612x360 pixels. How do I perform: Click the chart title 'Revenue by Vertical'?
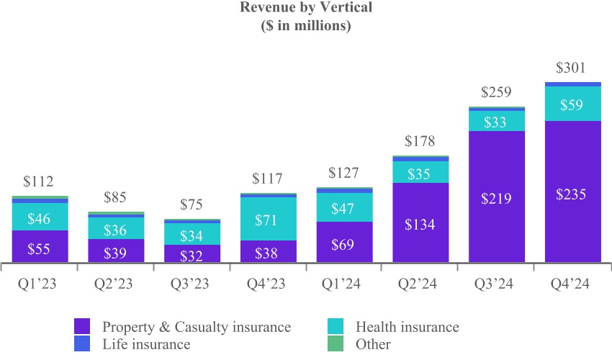pyautogui.click(x=305, y=9)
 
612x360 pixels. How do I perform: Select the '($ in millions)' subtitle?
pyautogui.click(x=305, y=26)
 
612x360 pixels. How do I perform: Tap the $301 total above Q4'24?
pyautogui.click(x=572, y=68)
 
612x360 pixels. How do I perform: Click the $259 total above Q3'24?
pyautogui.click(x=496, y=92)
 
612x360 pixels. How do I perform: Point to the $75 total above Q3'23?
pyautogui.click(x=192, y=204)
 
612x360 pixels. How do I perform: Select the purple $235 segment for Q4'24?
pyautogui.click(x=572, y=193)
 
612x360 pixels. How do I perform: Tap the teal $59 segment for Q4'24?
pyautogui.click(x=572, y=104)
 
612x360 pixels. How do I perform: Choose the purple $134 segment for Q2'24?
pyautogui.click(x=420, y=223)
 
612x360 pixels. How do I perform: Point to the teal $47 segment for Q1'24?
pyautogui.click(x=344, y=208)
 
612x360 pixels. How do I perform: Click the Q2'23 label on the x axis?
pyautogui.click(x=116, y=284)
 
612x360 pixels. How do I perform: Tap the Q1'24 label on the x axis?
pyautogui.click(x=344, y=284)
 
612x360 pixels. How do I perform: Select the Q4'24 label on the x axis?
pyautogui.click(x=572, y=284)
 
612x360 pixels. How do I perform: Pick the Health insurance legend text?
pyautogui.click(x=407, y=327)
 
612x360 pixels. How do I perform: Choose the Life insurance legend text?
pyautogui.click(x=146, y=344)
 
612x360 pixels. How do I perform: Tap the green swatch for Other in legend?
pyautogui.click(x=336, y=344)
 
